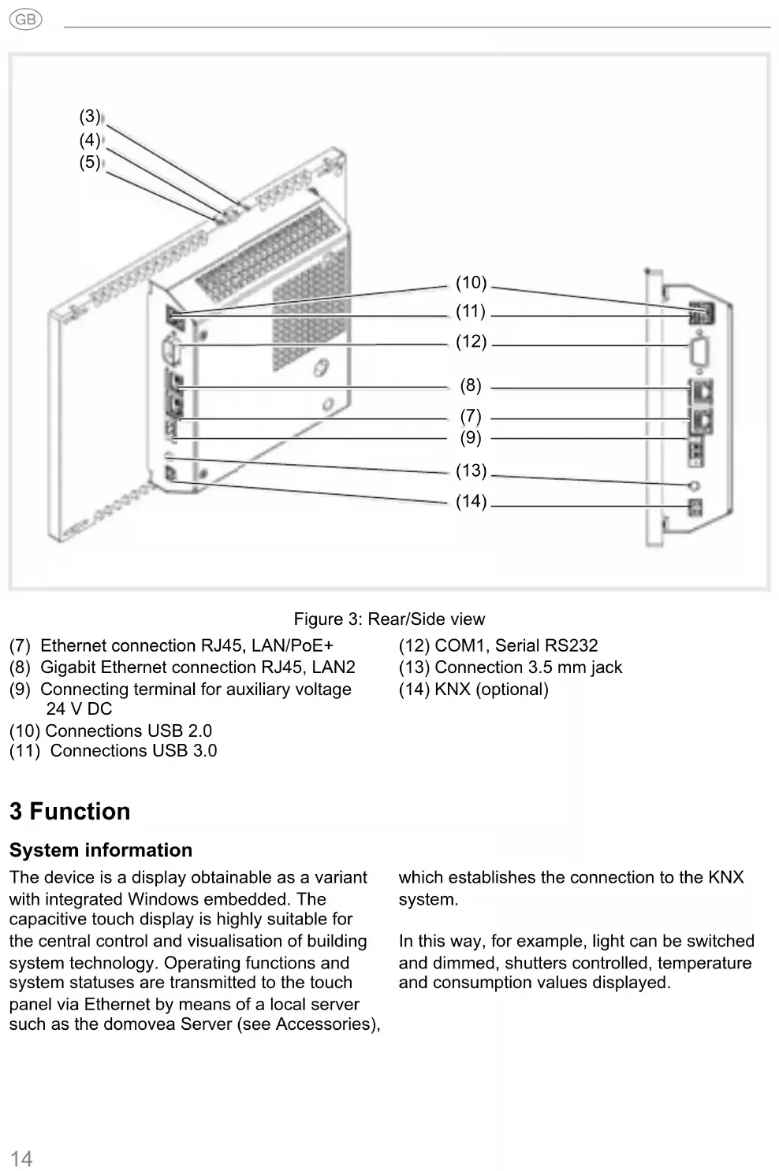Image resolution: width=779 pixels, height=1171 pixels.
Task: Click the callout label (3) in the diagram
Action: click(90, 117)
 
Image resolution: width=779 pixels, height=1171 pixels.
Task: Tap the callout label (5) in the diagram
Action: click(90, 162)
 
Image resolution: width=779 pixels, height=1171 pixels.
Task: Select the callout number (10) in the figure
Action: click(471, 283)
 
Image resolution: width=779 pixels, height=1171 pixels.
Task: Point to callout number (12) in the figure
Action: click(471, 341)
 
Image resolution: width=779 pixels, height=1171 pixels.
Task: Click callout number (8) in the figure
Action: click(471, 385)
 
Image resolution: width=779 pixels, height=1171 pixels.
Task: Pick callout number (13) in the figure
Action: click(471, 470)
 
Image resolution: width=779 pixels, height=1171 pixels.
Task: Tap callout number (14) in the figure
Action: click(471, 501)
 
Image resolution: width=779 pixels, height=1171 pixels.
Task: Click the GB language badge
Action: click(25, 20)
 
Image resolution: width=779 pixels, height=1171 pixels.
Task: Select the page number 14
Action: click(21, 1158)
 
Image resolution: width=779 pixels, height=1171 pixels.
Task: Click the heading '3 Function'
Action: click(69, 811)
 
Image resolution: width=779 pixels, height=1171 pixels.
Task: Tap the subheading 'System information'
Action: click(101, 850)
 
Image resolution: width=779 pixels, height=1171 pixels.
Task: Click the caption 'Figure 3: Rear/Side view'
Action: click(389, 619)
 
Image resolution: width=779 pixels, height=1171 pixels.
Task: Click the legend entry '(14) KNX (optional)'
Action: click(473, 690)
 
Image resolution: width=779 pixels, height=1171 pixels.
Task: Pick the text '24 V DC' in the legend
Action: click(79, 709)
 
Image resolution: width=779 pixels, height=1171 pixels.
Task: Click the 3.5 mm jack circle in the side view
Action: click(695, 485)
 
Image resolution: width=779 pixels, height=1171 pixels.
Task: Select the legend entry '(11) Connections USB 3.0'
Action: click(114, 751)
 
